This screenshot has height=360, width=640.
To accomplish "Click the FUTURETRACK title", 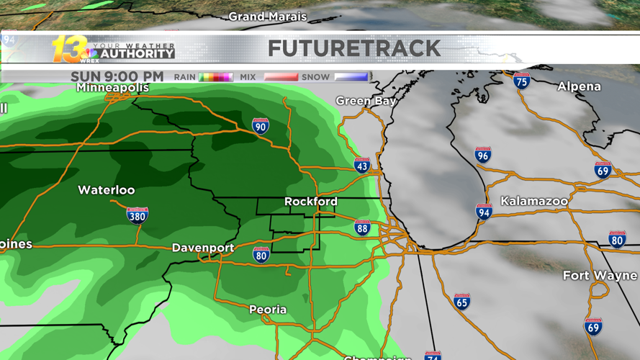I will coord(353,48).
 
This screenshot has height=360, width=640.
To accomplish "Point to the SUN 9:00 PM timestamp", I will coord(117,76).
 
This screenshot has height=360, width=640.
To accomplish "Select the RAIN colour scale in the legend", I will coord(215,77).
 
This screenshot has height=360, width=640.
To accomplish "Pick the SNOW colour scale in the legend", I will coord(351,77).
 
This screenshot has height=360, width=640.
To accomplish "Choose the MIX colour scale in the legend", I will coord(280,77).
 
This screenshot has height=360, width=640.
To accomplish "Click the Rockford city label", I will coord(310,202).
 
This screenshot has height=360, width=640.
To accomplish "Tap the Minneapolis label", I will coord(113,88).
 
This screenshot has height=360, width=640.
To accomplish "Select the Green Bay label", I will coord(366,102).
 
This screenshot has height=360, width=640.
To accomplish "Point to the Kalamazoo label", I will coord(534,201).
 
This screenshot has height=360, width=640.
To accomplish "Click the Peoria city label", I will coord(268,310).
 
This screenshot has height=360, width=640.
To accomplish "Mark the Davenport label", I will coord(202,248).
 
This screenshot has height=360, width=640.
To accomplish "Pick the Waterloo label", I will coord(106,190).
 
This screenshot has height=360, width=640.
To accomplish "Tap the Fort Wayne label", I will coord(600,276).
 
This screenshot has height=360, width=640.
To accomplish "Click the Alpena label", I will coord(579,86).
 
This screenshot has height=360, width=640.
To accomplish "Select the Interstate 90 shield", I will coord(261,126).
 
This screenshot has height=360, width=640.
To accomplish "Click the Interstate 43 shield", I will coord(362,165).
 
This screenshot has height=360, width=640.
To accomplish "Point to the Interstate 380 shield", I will coord(137,215).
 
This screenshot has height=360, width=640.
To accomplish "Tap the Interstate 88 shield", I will coord(362,228).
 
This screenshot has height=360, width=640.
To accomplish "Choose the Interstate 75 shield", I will coord(521,81).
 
